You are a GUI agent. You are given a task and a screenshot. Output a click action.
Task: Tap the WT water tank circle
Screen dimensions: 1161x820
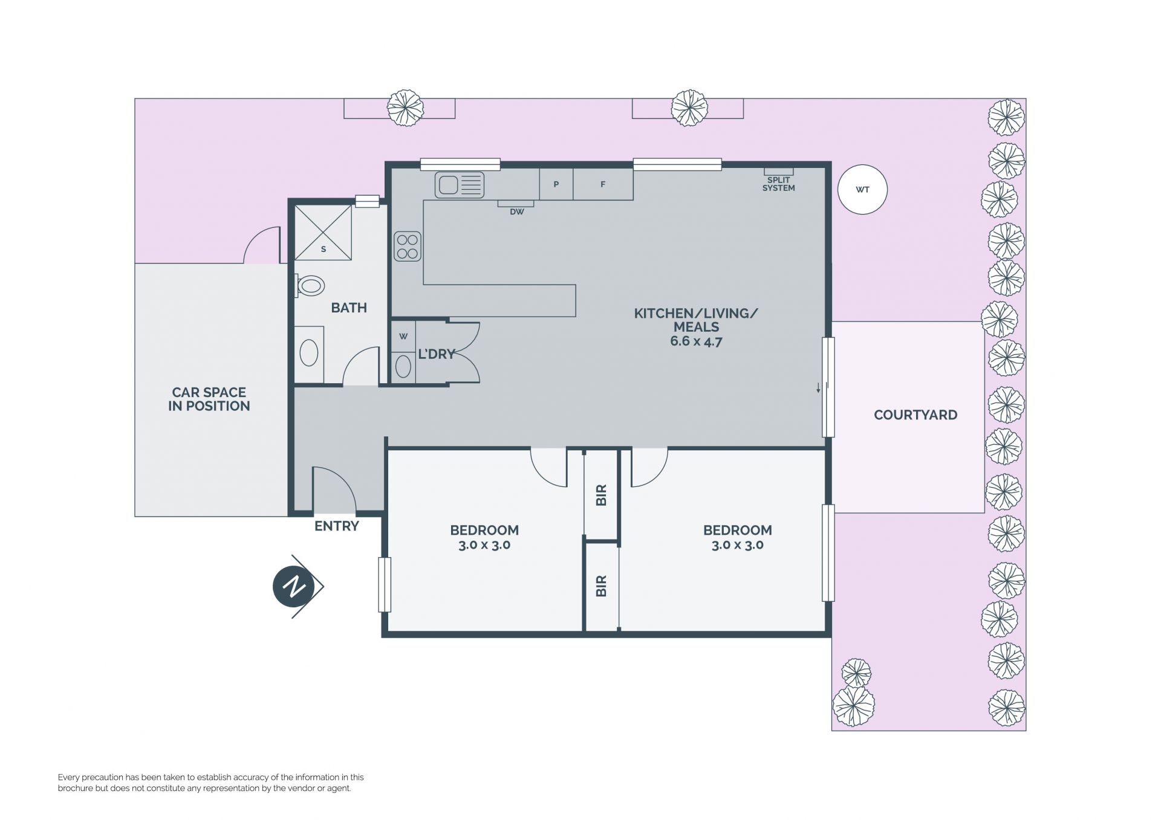click(862, 189)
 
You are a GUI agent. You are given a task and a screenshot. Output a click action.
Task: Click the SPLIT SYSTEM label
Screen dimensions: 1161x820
click(778, 184)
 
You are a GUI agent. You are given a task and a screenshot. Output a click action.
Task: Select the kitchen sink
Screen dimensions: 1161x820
click(460, 185)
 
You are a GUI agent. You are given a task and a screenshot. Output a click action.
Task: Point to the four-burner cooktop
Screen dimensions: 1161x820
click(408, 247)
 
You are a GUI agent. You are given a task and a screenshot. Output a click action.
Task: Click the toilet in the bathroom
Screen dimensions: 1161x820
click(310, 285)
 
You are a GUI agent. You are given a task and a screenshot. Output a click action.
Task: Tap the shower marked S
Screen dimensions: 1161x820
click(323, 233)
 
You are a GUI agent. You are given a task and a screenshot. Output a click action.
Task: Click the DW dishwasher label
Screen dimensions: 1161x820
click(516, 212)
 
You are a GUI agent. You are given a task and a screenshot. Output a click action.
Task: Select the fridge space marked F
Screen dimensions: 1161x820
click(603, 184)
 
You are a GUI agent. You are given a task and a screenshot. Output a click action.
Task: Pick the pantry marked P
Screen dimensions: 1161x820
click(556, 184)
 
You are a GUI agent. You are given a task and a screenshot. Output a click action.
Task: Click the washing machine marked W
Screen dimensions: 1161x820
click(403, 337)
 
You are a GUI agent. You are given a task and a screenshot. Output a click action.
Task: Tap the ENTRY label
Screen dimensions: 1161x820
click(337, 526)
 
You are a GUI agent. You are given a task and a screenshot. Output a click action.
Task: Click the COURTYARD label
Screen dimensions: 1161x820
click(915, 415)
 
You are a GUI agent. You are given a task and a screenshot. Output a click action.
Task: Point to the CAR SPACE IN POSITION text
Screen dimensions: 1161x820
click(209, 399)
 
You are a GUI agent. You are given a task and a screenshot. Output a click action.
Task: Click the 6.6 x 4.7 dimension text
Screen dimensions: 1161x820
click(696, 341)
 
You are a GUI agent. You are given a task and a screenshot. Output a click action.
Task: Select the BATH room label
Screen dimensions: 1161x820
click(349, 308)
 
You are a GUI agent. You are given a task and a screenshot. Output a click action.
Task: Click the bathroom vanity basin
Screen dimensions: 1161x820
click(309, 354)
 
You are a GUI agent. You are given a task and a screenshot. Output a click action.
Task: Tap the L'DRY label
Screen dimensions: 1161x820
click(437, 354)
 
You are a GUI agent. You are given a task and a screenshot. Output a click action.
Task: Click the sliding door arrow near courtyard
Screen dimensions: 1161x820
click(819, 387)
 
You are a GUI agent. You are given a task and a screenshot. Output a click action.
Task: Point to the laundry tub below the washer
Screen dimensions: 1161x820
click(403, 367)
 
